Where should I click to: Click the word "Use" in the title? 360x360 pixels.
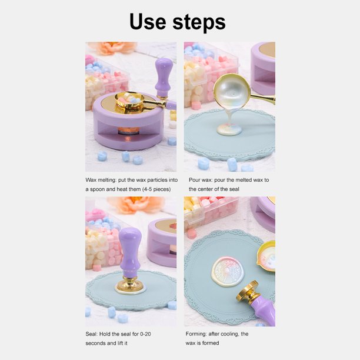tap(148, 21)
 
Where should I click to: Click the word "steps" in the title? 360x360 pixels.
tap(199, 22)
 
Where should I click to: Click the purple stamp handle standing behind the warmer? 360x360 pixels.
tap(164, 77)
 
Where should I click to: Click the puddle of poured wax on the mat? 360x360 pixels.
tap(229, 129)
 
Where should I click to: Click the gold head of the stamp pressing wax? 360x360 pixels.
tap(130, 284)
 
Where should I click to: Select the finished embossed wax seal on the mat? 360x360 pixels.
tap(227, 272)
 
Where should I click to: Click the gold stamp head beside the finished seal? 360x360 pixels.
tap(246, 291)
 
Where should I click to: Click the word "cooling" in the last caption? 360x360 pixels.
tap(229, 334)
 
